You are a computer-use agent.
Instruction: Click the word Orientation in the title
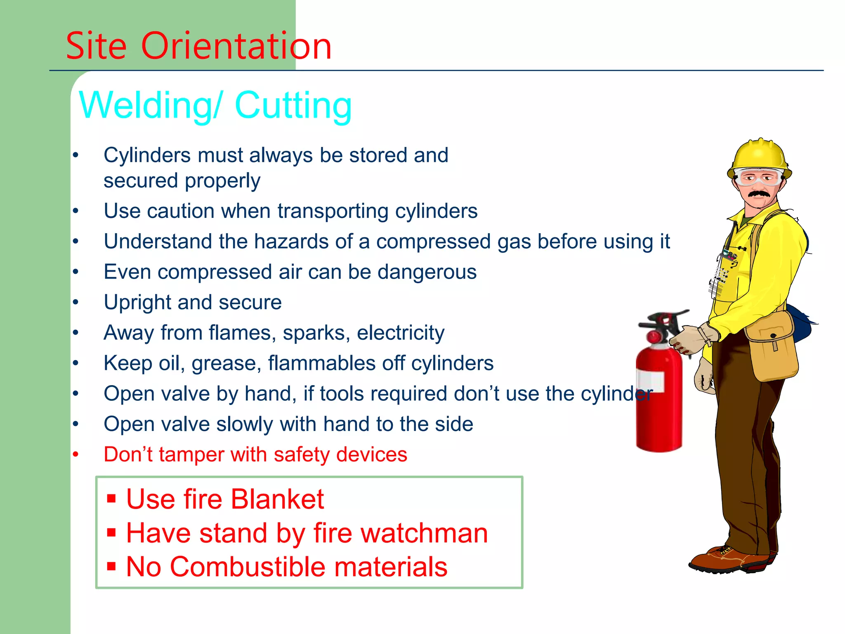tap(236, 46)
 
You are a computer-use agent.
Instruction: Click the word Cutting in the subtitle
tap(293, 106)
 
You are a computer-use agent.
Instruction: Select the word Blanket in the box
tap(277, 499)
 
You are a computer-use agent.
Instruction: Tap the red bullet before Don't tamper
tap(76, 454)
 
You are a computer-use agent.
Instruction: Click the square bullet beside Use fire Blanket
tap(111, 498)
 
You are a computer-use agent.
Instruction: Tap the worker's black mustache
tap(758, 194)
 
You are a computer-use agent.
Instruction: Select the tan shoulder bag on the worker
tap(772, 347)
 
